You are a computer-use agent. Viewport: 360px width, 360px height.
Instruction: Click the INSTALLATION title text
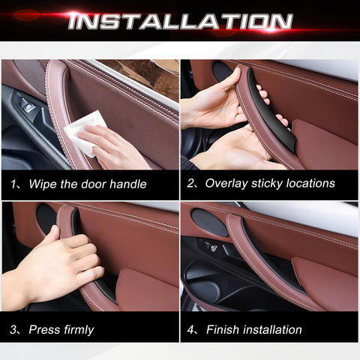pyautogui.click(x=180, y=20)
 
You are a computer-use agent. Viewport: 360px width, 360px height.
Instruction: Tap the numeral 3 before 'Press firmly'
pyautogui.click(x=15, y=329)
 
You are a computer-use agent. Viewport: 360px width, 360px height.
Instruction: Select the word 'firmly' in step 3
pyautogui.click(x=76, y=329)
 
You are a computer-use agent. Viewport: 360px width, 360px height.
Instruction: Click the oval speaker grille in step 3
pyautogui.click(x=45, y=217)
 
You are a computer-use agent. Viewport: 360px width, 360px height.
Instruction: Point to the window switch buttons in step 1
pyautogui.click(x=26, y=106)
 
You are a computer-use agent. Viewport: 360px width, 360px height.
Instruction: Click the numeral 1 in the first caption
pyautogui.click(x=15, y=184)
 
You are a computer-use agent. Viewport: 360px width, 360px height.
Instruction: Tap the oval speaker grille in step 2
pyautogui.click(x=221, y=72)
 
